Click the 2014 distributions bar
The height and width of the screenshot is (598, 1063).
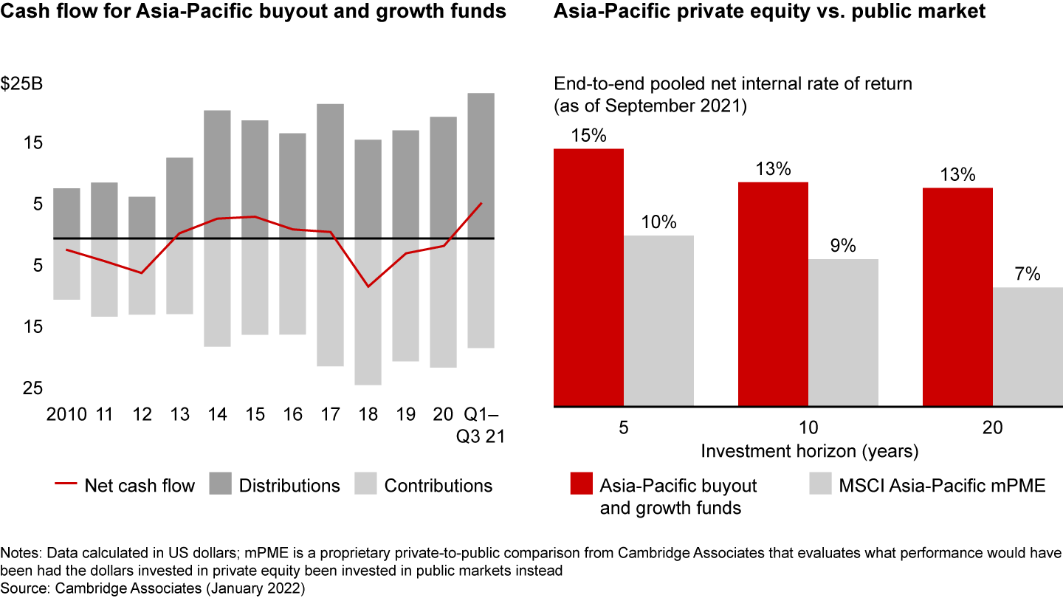tap(217, 174)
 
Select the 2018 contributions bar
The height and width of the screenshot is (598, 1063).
tap(368, 312)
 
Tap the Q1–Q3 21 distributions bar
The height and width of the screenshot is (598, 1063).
tap(481, 165)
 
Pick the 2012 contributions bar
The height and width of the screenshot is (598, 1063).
tap(142, 276)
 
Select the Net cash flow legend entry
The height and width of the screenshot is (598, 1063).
tap(125, 485)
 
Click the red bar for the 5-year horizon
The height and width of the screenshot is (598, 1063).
tap(589, 278)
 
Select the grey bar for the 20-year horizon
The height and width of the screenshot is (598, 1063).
tap(1028, 347)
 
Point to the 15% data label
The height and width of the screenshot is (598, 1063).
tap(588, 137)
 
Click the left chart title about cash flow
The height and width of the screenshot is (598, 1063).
tap(253, 12)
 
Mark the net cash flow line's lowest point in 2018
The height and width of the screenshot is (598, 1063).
tap(368, 286)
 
